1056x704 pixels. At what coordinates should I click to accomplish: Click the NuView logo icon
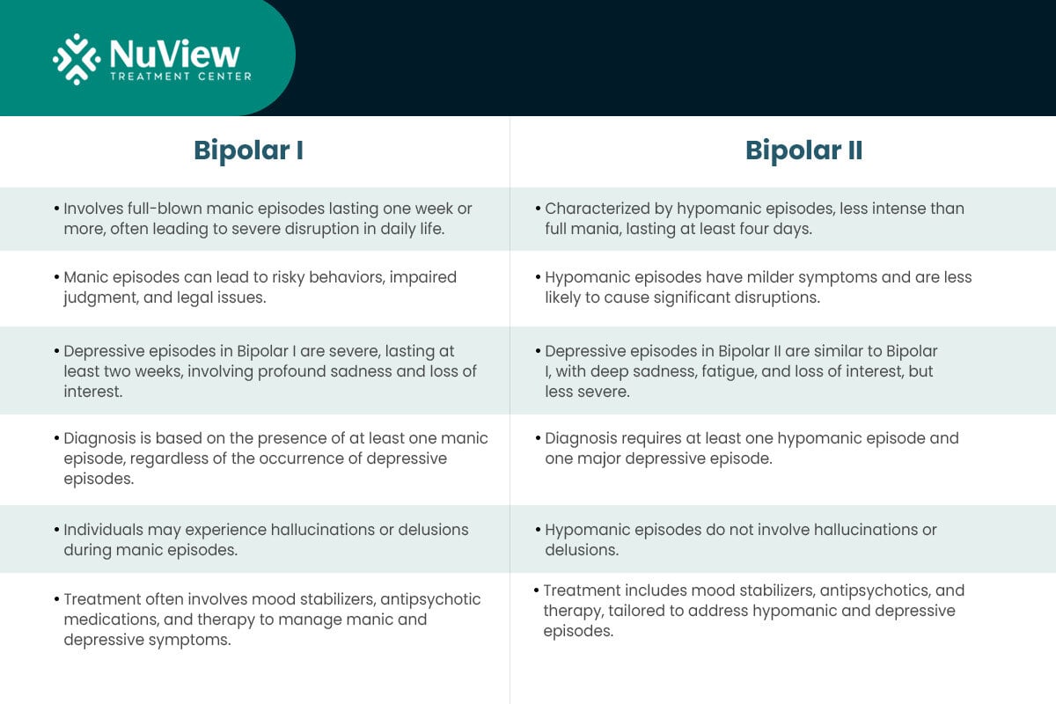(77, 59)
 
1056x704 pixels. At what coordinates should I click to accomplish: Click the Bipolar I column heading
(248, 150)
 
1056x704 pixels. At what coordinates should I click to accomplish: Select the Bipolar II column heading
(803, 150)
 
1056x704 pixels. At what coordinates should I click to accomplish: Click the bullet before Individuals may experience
(57, 530)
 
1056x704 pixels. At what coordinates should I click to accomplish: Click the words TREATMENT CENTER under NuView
(180, 77)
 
